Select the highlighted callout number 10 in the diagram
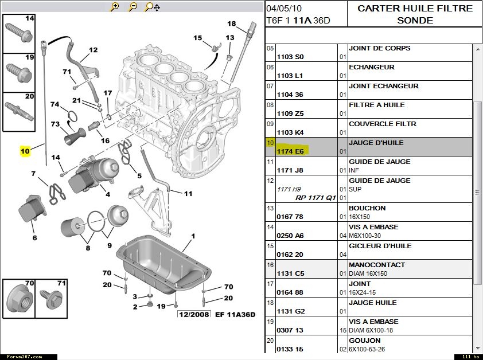pyautogui.click(x=25, y=151)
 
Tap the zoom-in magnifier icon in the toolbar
pyautogui.click(x=115, y=7)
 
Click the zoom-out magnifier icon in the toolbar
pyautogui.click(x=133, y=7)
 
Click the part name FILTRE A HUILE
pyautogui.click(x=376, y=105)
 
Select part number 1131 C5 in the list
pyautogui.click(x=290, y=273)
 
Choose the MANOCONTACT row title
pyautogui.click(x=376, y=265)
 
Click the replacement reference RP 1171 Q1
pyautogui.click(x=315, y=198)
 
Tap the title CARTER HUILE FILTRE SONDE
pyautogui.click(x=415, y=14)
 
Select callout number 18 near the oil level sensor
pyautogui.click(x=231, y=24)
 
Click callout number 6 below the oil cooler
pyautogui.click(x=34, y=238)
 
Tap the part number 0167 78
pyautogui.click(x=290, y=217)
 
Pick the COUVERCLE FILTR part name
pyautogui.click(x=382, y=124)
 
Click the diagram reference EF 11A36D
pyautogui.click(x=236, y=314)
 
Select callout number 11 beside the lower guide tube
pyautogui.click(x=188, y=194)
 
